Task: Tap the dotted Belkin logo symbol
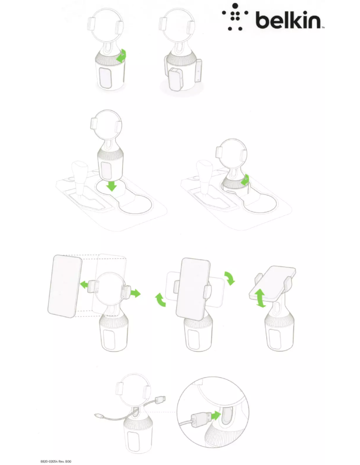pyautogui.click(x=235, y=17)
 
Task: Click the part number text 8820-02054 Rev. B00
pyautogui.click(x=56, y=461)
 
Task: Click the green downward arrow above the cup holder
pyautogui.click(x=112, y=186)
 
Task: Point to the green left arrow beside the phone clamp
pyautogui.click(x=84, y=285)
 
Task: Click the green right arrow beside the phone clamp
pyautogui.click(x=136, y=294)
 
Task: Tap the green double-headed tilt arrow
pyautogui.click(x=260, y=298)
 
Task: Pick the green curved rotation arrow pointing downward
pyautogui.click(x=230, y=278)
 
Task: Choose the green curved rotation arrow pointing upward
pyautogui.click(x=160, y=300)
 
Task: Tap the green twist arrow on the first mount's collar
pyautogui.click(x=122, y=56)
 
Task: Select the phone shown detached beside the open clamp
pyautogui.click(x=65, y=286)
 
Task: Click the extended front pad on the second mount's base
pyautogui.click(x=176, y=79)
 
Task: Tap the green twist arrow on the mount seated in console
pyautogui.click(x=245, y=180)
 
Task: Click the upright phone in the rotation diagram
pyautogui.click(x=193, y=289)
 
